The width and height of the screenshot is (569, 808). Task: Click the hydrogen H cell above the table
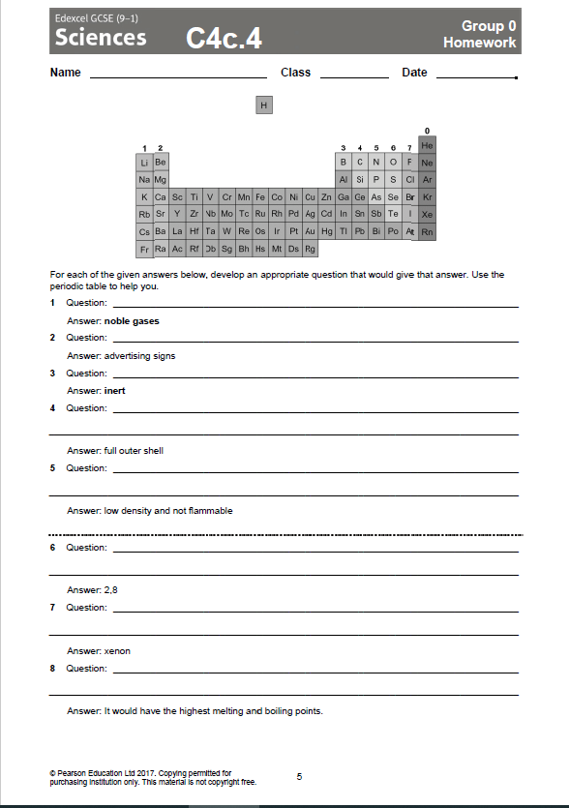264,105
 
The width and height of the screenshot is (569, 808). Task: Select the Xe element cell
427,214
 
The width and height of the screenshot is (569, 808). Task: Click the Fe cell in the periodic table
259,196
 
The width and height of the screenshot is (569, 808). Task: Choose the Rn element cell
427,231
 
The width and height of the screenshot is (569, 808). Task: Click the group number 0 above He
427,131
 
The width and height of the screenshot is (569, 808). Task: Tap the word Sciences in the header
101,38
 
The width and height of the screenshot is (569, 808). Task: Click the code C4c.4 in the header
225,39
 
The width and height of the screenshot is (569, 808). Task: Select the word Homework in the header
479,43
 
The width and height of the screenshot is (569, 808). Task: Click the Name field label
65,73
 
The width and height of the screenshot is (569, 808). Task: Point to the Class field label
295,73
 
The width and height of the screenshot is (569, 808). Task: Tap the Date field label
414,73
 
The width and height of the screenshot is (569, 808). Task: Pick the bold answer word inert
115,390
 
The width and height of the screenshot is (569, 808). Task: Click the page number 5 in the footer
300,776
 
